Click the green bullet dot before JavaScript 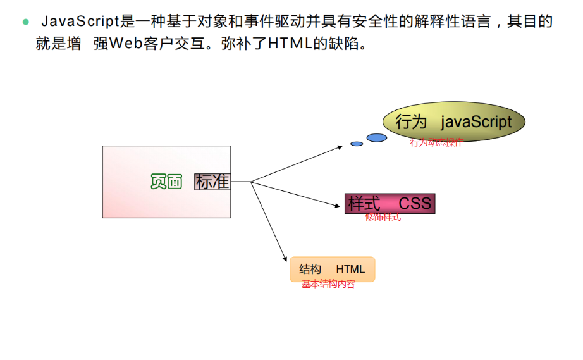tap(26, 22)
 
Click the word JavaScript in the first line tap(80, 22)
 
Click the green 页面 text tap(166, 182)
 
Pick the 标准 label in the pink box tap(212, 182)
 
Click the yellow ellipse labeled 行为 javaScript tap(454, 121)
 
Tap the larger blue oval tap(377, 137)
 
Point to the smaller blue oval tap(357, 144)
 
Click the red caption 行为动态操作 tap(436, 142)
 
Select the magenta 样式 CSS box tap(390, 203)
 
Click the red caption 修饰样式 tap(383, 218)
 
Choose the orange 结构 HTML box tap(333, 269)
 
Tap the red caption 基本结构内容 tap(328, 285)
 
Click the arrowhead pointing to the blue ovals tap(340, 147)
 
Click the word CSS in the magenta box tap(415, 203)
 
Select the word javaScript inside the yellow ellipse tap(476, 121)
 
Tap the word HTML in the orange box tap(350, 269)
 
